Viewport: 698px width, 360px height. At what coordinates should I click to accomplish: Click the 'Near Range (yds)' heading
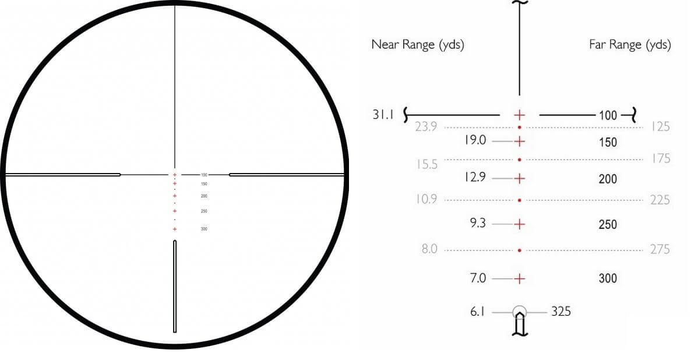[418, 45]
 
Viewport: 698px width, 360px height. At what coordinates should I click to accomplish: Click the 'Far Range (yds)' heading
[630, 45]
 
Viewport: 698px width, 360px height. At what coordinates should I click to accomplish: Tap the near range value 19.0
[475, 140]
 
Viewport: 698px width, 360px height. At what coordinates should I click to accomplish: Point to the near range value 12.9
[475, 178]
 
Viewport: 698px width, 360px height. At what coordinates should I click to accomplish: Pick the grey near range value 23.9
[426, 127]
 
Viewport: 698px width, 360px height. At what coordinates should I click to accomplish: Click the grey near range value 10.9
[426, 199]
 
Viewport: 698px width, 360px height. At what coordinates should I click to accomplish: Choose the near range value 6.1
[477, 312]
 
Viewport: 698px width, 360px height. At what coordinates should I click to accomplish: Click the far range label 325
[561, 312]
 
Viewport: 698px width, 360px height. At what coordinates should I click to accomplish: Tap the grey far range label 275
[660, 249]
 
